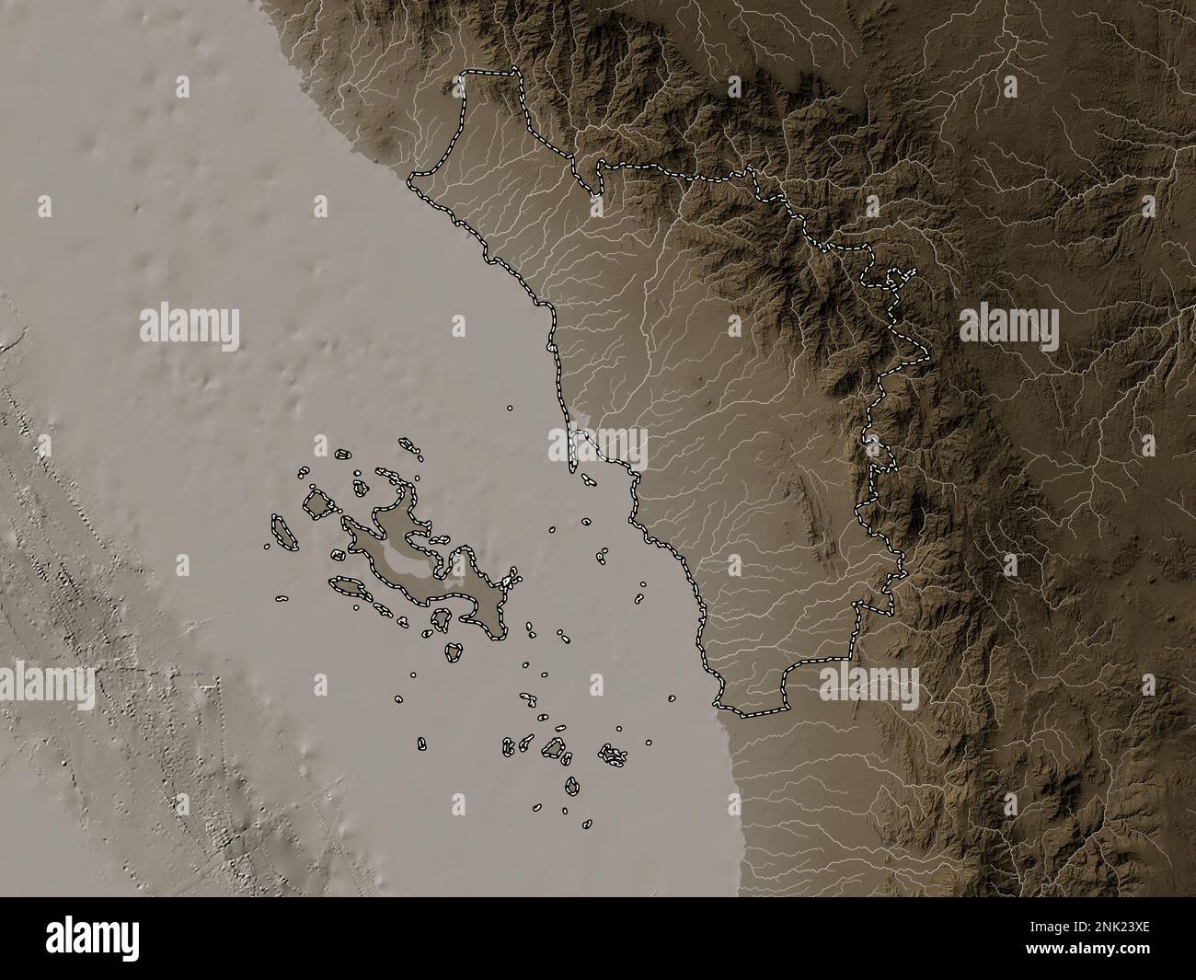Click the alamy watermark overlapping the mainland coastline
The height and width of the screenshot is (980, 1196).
click(598, 449)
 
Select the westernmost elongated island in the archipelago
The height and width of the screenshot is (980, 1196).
click(280, 532)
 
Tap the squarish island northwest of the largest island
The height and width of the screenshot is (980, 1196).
click(317, 504)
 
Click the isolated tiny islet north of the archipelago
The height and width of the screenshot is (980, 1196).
click(510, 407)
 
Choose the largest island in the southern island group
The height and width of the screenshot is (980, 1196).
click(555, 747)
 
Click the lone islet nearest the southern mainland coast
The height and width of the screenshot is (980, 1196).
click(673, 698)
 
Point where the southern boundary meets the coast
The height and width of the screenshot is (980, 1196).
click(719, 706)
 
